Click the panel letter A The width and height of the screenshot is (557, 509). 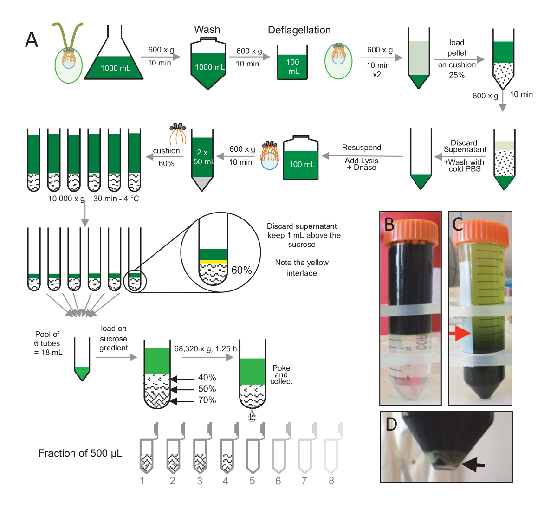pyautogui.click(x=32, y=40)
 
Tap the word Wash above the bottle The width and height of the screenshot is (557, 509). pyautogui.click(x=207, y=30)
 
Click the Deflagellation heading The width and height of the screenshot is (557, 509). pyautogui.click(x=299, y=31)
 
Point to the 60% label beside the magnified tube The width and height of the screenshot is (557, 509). pyautogui.click(x=241, y=270)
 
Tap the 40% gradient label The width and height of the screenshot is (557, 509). pyautogui.click(x=207, y=378)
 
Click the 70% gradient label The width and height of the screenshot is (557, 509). pyautogui.click(x=207, y=400)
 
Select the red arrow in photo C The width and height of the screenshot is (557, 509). pyautogui.click(x=460, y=333)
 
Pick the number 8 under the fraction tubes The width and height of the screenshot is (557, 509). pyautogui.click(x=331, y=481)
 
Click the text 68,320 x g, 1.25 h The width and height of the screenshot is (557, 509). pyautogui.click(x=206, y=348)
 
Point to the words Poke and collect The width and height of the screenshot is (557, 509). pyautogui.click(x=281, y=375)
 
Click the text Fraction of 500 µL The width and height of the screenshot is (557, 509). pyautogui.click(x=80, y=453)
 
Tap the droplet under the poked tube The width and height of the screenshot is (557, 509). pyautogui.click(x=252, y=415)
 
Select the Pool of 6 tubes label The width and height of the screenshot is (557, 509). pyautogui.click(x=48, y=343)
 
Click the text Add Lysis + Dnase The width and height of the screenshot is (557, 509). pyautogui.click(x=362, y=164)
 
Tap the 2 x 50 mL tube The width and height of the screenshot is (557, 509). pyautogui.click(x=203, y=158)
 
